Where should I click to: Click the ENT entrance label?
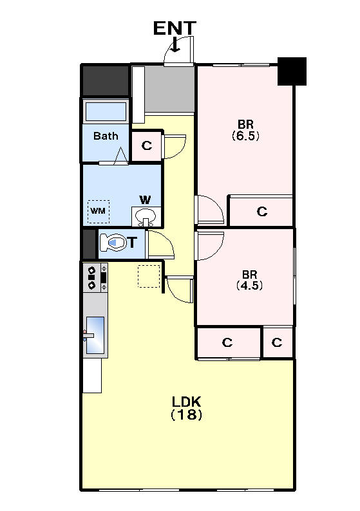(175, 28)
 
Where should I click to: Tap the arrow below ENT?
(175, 44)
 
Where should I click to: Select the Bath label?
(106, 136)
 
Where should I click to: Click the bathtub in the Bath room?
(106, 111)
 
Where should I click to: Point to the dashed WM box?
(99, 212)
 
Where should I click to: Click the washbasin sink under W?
(146, 216)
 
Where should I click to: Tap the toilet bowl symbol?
(113, 243)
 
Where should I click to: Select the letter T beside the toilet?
(132, 243)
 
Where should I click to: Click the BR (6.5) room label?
(245, 130)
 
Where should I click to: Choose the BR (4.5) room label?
(249, 280)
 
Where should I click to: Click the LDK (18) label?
(187, 407)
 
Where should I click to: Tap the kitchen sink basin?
(95, 335)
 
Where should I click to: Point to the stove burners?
(92, 277)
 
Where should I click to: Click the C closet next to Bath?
(147, 145)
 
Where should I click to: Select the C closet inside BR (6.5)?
(262, 211)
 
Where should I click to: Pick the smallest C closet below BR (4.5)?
(277, 342)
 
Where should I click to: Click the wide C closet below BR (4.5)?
(227, 342)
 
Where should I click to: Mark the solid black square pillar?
(292, 71)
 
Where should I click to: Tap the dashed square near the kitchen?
(149, 276)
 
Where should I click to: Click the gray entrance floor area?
(169, 89)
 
